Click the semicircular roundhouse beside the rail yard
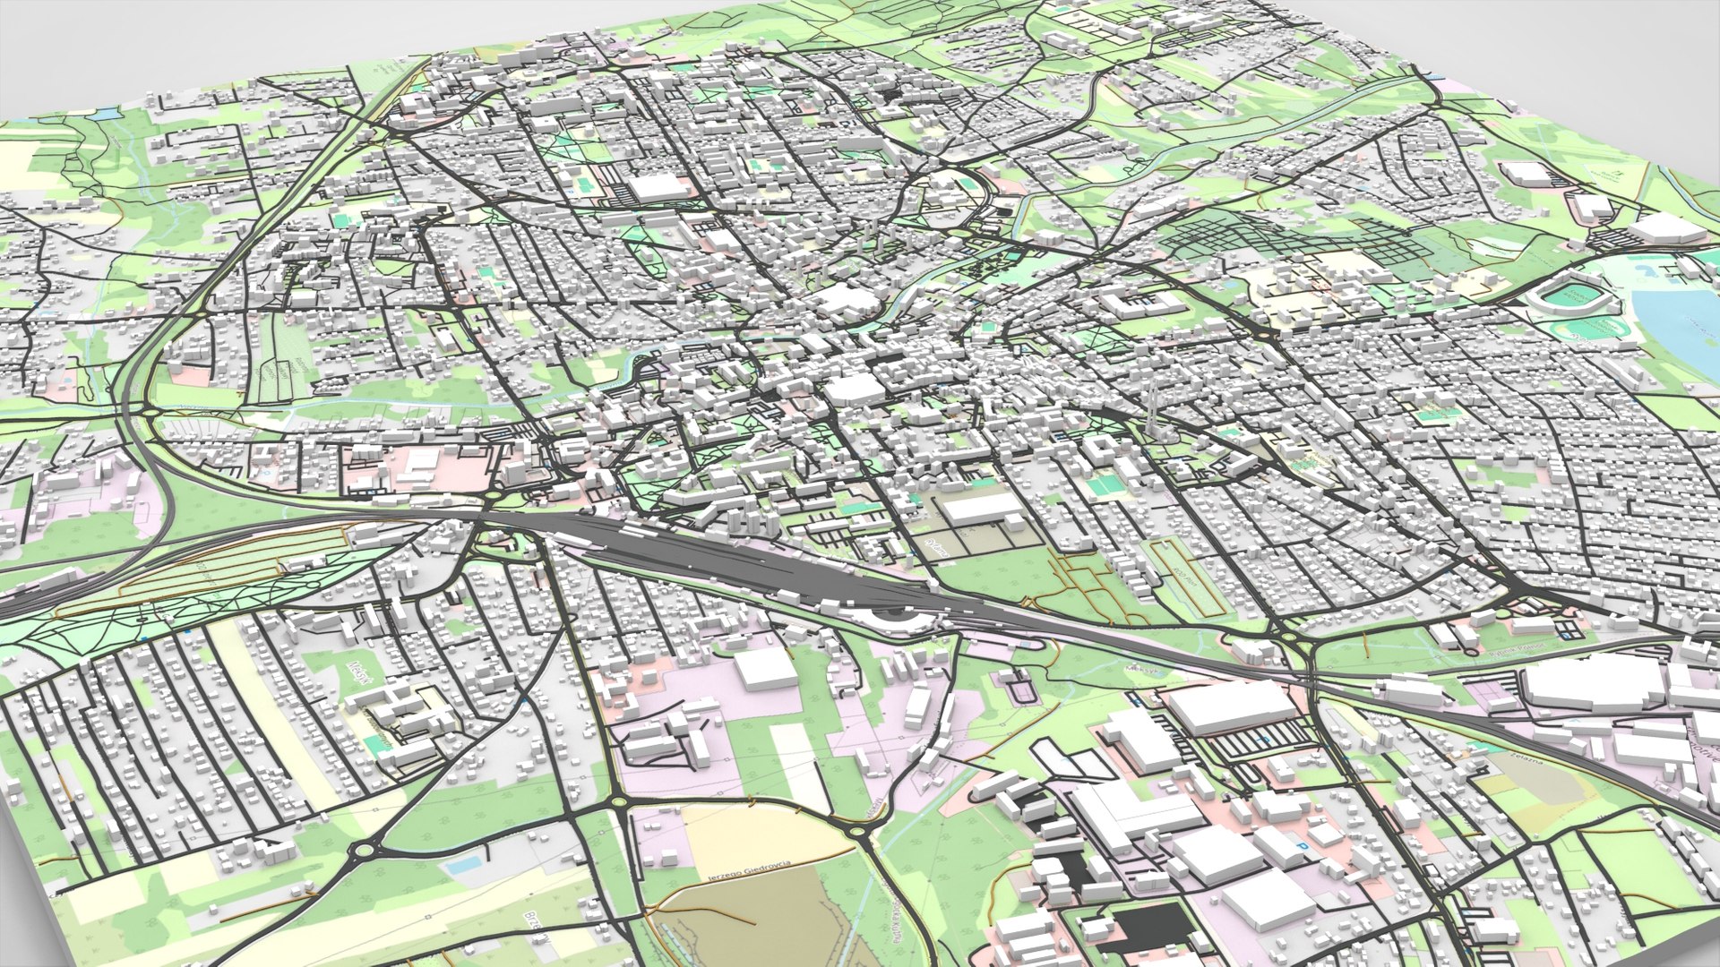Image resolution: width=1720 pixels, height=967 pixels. pos(890,616)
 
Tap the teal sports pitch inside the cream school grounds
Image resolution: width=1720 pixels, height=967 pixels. pos(380,740)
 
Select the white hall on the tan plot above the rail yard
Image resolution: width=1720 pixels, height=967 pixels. pos(981,509)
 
